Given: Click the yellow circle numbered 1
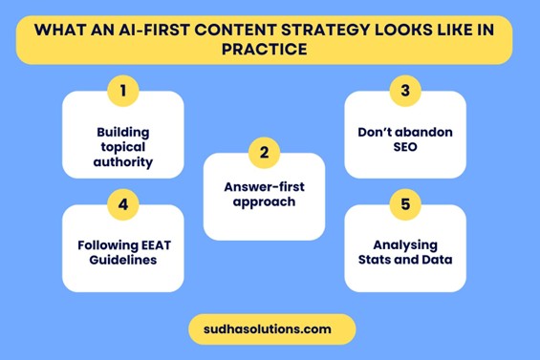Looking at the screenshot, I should (122, 92).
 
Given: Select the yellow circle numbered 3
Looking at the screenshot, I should (405, 92).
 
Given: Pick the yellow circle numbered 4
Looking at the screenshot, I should (122, 205).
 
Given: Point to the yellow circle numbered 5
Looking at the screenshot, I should (405, 205).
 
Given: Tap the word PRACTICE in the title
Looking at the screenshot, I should (270, 48).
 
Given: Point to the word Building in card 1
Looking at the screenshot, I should (123, 132).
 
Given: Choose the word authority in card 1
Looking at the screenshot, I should (123, 162).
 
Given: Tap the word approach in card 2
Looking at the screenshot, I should (264, 202).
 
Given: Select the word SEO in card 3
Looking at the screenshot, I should (405, 147).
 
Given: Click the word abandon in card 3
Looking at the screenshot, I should (426, 132).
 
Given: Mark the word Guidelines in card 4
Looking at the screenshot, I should (123, 260).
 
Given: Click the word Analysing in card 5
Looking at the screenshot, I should (405, 244).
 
